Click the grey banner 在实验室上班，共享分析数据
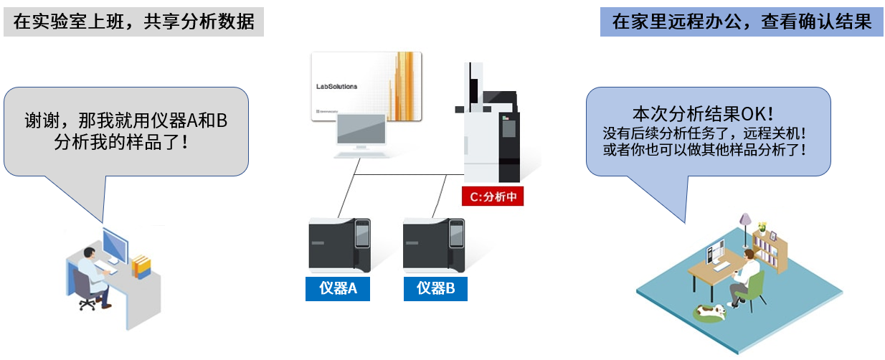tap(133, 22)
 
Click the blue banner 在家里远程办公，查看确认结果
tap(741, 22)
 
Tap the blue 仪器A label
tap(338, 288)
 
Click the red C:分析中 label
tap(493, 196)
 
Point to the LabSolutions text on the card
tap(336, 86)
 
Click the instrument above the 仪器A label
tap(339, 244)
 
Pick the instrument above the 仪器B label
tap(434, 244)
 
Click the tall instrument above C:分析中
tap(491, 133)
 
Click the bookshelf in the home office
tap(771, 244)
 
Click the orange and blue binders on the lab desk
tap(141, 267)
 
